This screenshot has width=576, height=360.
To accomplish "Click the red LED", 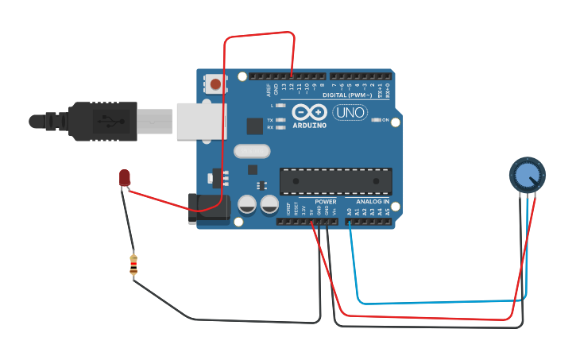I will [125, 178].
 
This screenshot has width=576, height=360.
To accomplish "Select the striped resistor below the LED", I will [133, 265].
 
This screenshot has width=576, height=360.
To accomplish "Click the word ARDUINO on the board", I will [309, 126].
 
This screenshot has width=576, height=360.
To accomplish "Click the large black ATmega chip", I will [335, 181].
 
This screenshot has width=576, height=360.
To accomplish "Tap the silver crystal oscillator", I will [253, 151].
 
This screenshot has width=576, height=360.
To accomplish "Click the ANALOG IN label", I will [372, 202].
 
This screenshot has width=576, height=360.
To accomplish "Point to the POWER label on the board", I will [325, 202].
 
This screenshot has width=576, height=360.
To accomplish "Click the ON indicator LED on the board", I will [376, 120].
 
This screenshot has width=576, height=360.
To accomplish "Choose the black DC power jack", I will [208, 209].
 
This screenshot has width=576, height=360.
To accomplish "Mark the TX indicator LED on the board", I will [280, 120].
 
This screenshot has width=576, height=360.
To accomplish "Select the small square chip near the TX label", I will [254, 126].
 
